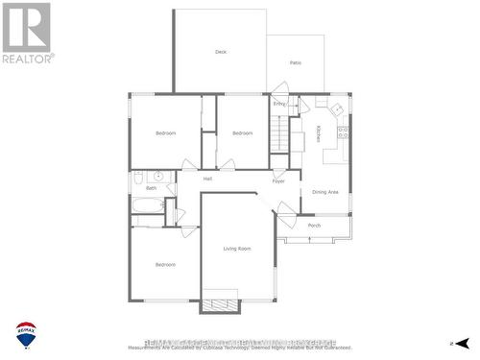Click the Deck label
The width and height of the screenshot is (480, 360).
coord(220,51)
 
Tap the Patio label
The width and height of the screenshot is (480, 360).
coord(296,62)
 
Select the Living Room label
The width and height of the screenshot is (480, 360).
coord(237,249)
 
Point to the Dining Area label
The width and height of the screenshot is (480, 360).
coord(326,192)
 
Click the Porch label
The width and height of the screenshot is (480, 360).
coord(314,226)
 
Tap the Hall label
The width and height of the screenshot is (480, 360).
coord(207,179)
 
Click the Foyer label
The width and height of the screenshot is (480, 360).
coord(278,180)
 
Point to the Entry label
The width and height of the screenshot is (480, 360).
coord(279,103)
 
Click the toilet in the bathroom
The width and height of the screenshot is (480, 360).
coord(138,178)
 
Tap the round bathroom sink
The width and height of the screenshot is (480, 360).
coord(159,178)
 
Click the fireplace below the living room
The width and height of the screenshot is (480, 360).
coord(220,305)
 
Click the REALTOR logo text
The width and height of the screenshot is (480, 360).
coord(27,59)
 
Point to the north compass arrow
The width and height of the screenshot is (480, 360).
coord(462,343)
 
